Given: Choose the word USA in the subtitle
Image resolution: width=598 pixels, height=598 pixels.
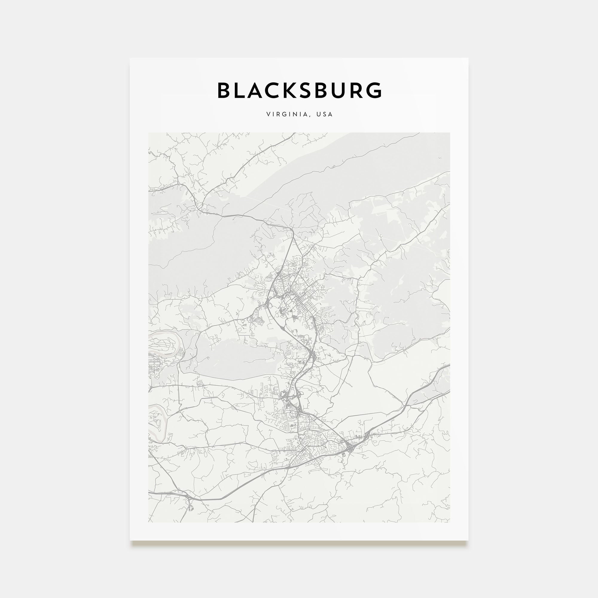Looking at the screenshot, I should pyautogui.click(x=324, y=114).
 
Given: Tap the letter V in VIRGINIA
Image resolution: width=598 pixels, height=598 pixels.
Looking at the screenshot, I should pyautogui.click(x=268, y=114).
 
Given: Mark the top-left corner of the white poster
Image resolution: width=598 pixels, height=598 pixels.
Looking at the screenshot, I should pyautogui.click(x=130, y=58).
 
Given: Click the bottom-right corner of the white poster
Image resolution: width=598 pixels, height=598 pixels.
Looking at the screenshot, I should pyautogui.click(x=468, y=540).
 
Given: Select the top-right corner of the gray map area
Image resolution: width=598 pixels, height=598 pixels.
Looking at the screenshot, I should pyautogui.click(x=450, y=133).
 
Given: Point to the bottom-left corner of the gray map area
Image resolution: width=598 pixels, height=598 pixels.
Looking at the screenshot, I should pyautogui.click(x=149, y=522).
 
